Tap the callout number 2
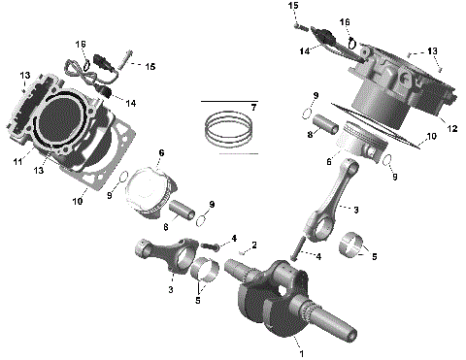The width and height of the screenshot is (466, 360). tap(254, 245)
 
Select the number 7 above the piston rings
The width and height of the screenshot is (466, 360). tap(252, 106)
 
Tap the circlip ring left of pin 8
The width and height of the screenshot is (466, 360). tap(307, 112)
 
